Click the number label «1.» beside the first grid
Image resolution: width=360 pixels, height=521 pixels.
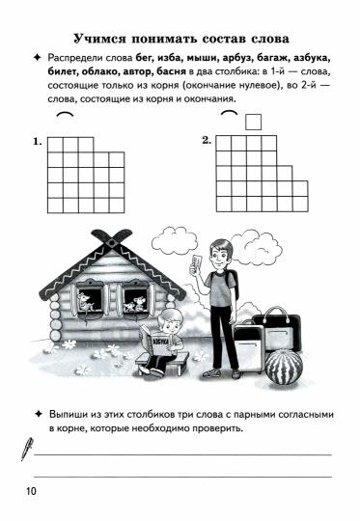pos(37,141)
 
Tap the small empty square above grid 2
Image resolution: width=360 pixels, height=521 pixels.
pos(254,122)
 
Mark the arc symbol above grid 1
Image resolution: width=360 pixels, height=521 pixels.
pos(65,118)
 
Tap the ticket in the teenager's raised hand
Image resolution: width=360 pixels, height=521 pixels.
pos(197,262)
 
